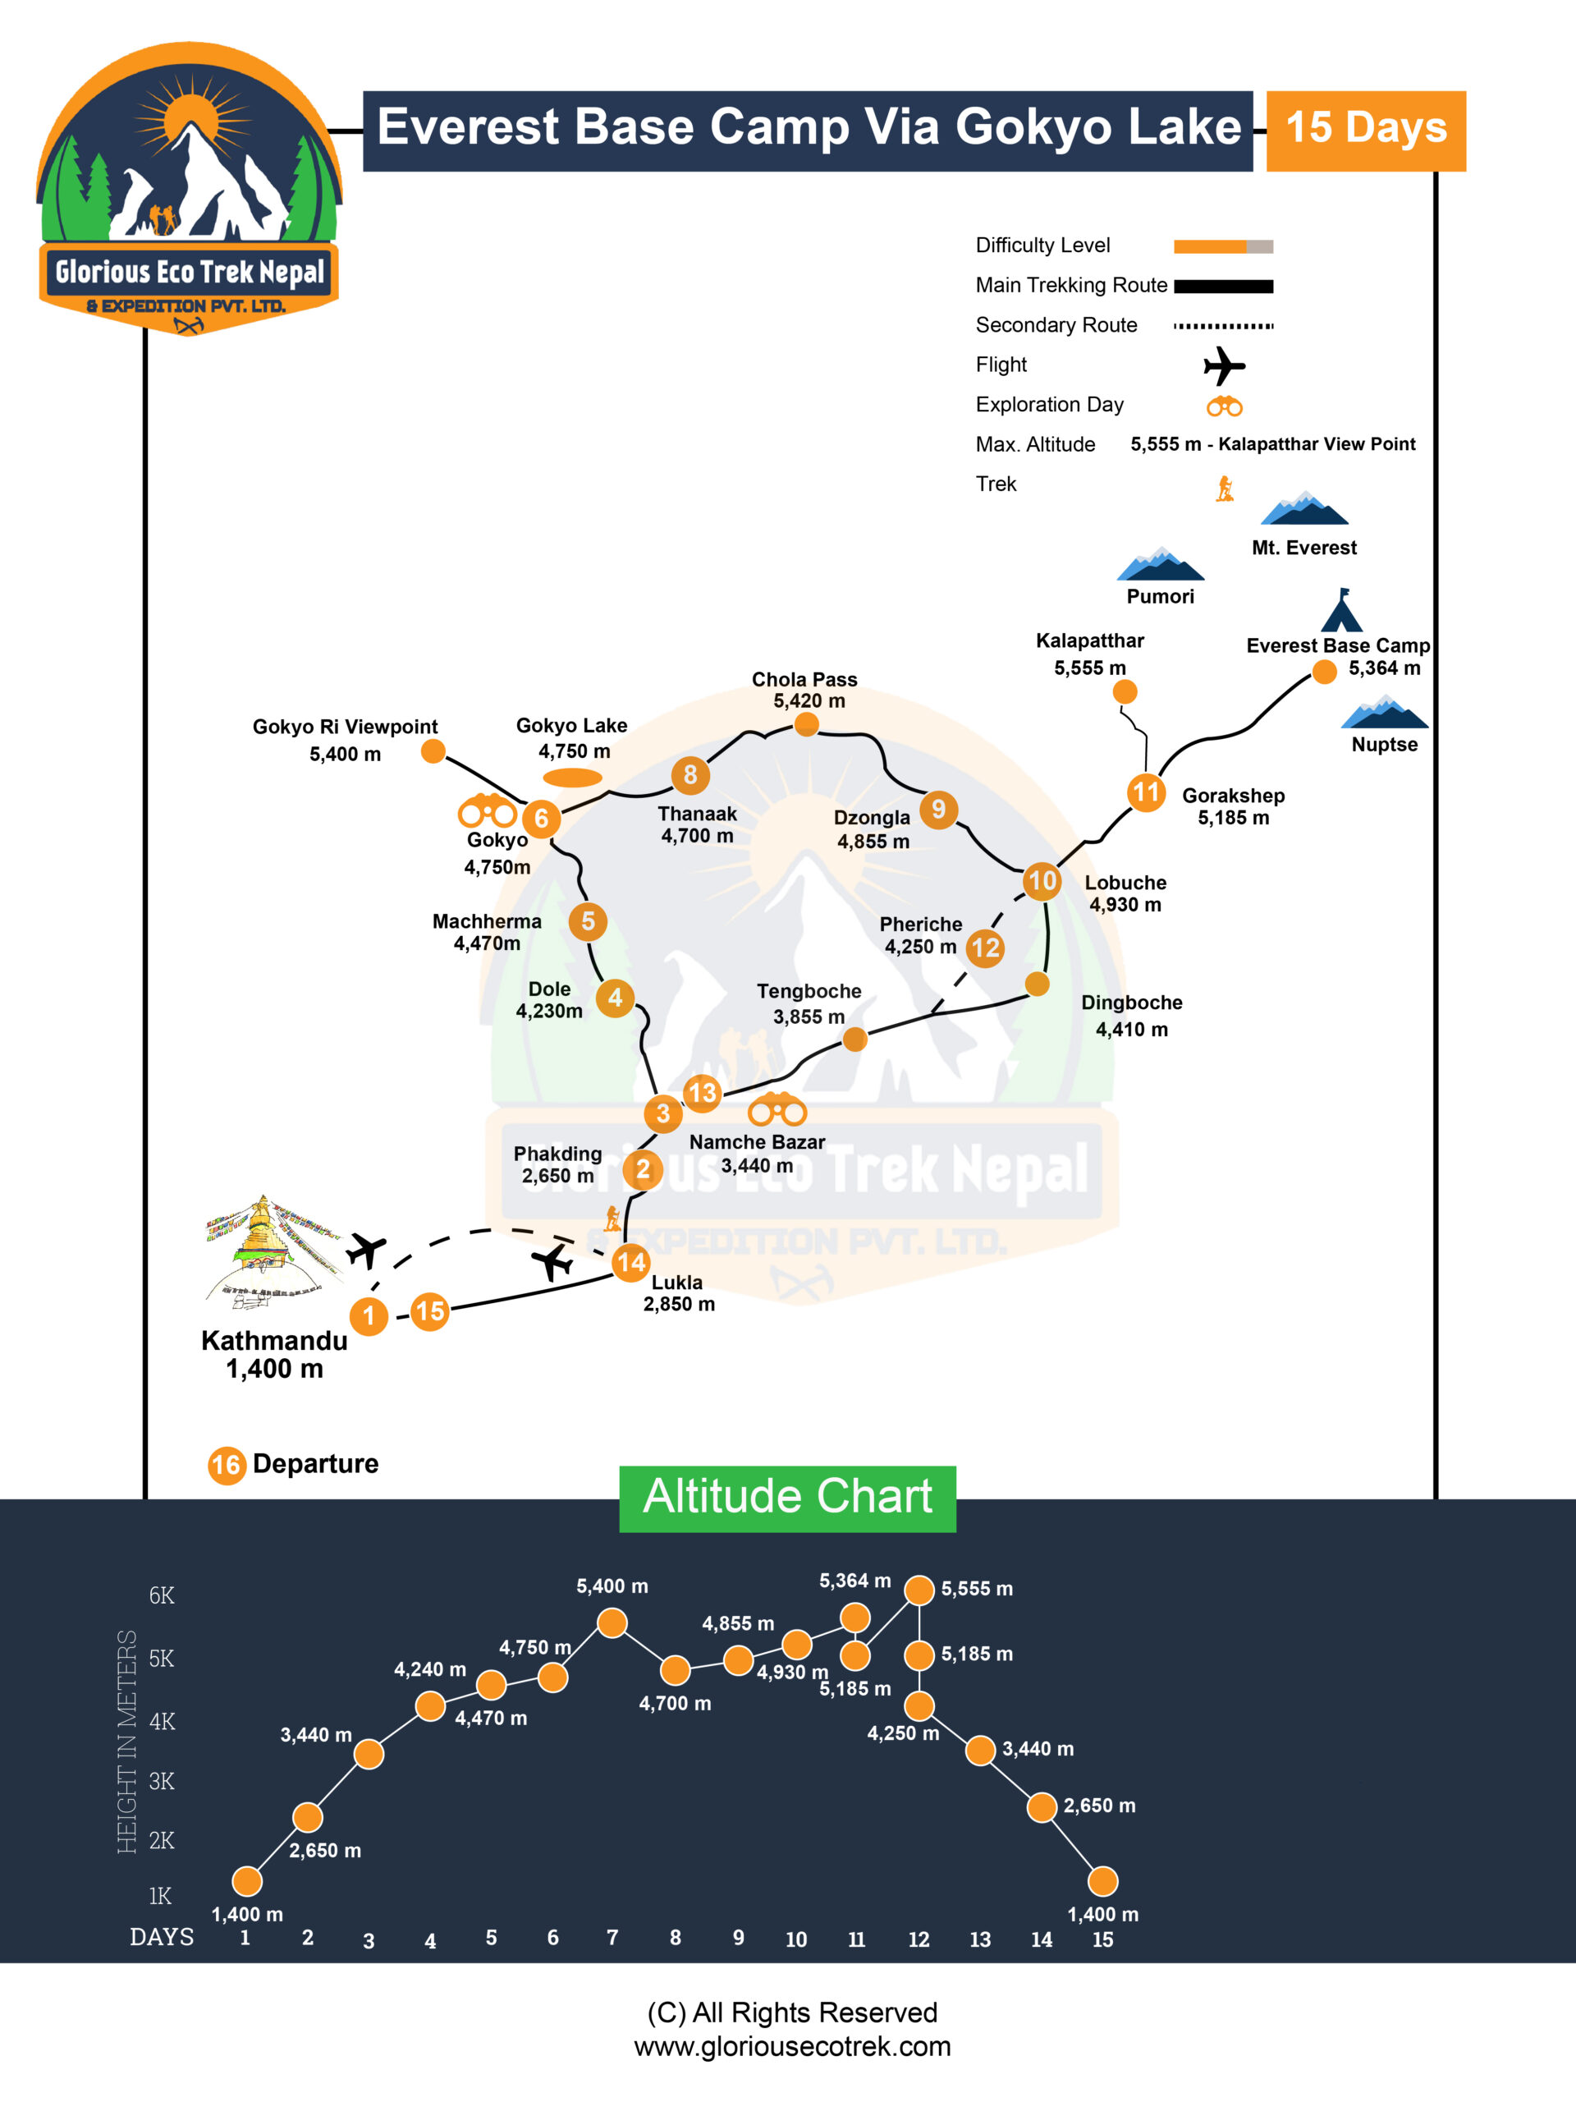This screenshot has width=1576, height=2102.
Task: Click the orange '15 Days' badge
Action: coord(1365,131)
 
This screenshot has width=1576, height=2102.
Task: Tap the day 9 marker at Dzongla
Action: coord(937,809)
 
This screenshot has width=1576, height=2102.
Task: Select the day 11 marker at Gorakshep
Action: coord(1146,792)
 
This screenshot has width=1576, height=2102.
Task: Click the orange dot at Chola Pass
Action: coord(805,725)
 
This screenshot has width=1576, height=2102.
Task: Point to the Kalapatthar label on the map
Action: coord(1089,640)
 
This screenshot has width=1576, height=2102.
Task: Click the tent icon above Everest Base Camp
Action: coord(1341,611)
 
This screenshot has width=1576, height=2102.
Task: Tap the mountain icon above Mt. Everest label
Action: coord(1303,509)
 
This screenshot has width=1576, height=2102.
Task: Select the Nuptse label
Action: coord(1384,744)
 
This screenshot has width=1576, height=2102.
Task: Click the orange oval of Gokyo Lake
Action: coord(572,778)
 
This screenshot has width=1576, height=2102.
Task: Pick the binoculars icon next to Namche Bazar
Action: coord(777,1109)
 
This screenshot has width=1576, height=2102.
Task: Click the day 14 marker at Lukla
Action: coord(630,1262)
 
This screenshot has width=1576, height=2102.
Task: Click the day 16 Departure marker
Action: coord(226,1464)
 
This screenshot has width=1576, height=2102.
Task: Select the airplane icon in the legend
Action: coord(1224,366)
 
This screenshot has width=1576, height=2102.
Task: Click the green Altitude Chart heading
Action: coord(787,1498)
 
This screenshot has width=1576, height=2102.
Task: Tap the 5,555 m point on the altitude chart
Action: coord(919,1590)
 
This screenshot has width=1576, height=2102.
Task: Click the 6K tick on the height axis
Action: coord(162,1595)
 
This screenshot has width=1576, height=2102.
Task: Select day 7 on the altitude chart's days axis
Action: coord(612,1937)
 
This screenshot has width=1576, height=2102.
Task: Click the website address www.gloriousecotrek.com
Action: coord(792,2046)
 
